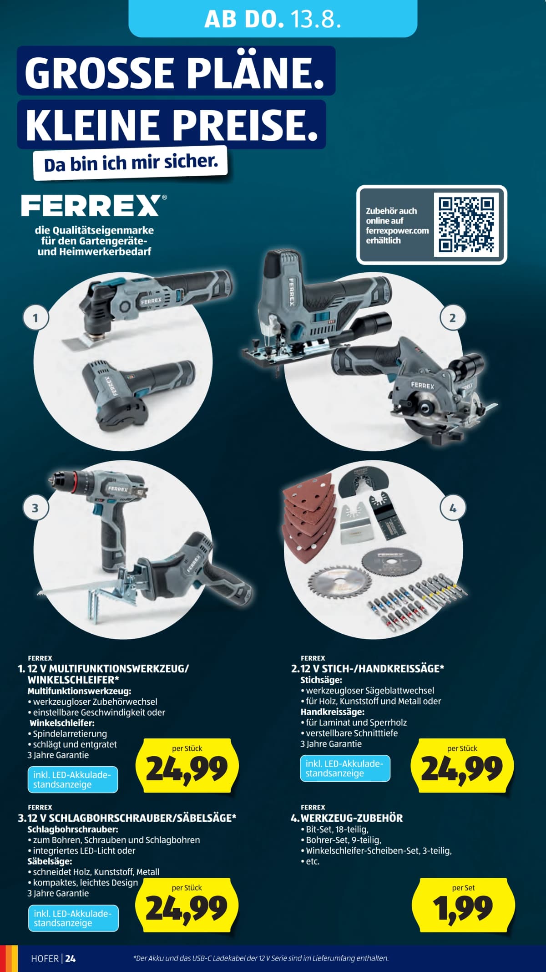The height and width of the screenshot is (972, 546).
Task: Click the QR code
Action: [x=466, y=224]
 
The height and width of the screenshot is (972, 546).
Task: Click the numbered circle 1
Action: [x=35, y=317]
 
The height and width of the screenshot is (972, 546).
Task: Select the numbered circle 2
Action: [x=452, y=318]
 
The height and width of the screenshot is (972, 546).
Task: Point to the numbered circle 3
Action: [x=35, y=508]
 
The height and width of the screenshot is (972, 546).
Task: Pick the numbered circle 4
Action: [x=453, y=508]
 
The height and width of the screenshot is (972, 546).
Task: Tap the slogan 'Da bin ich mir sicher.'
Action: [x=131, y=163]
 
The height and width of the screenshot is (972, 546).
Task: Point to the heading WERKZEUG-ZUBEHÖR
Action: [x=352, y=818]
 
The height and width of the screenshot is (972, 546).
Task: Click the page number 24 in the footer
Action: [x=71, y=958]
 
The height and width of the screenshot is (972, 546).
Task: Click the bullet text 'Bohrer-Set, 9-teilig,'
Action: [x=344, y=840]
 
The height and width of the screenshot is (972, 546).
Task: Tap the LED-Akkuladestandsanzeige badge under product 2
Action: [x=345, y=768]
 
